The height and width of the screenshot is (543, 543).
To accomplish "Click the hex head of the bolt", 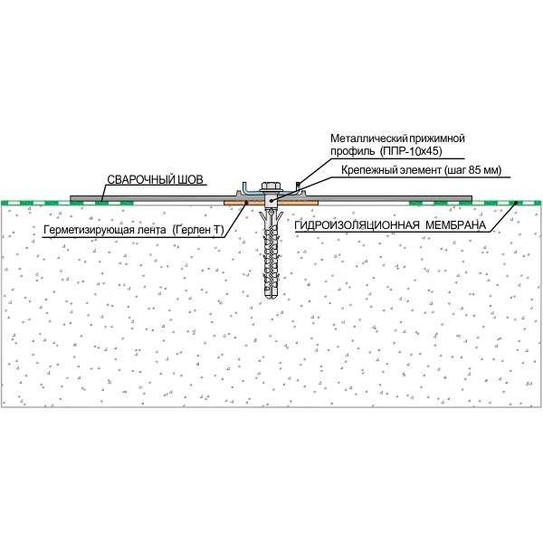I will (x=271, y=186).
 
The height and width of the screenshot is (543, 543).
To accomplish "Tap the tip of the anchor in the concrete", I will (x=271, y=297).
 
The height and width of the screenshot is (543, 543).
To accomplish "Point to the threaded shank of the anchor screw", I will (x=271, y=253).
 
